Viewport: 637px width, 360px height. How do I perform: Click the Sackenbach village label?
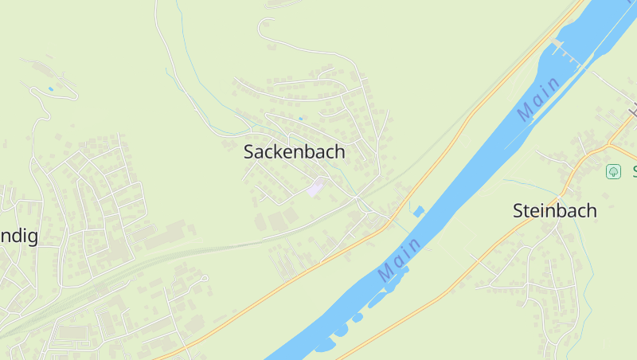point(294,151)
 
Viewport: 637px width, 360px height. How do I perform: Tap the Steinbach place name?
point(555,211)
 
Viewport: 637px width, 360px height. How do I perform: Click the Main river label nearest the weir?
point(538,99)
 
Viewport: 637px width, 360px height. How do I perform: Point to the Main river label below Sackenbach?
point(400,260)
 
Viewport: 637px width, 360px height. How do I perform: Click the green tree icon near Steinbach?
point(613,171)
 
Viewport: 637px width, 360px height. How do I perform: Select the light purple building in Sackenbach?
point(316,187)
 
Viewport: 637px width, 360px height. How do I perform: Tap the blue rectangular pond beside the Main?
point(419,210)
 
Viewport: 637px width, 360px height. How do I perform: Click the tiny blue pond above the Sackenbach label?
point(300,119)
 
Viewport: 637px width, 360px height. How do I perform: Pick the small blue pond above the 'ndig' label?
point(51,88)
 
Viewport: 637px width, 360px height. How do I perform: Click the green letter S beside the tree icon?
point(634,171)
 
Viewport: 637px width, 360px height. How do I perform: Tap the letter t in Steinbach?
point(530,211)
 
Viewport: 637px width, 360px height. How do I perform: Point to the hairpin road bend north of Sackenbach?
point(261,29)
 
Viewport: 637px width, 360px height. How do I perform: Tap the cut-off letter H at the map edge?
point(633,111)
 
